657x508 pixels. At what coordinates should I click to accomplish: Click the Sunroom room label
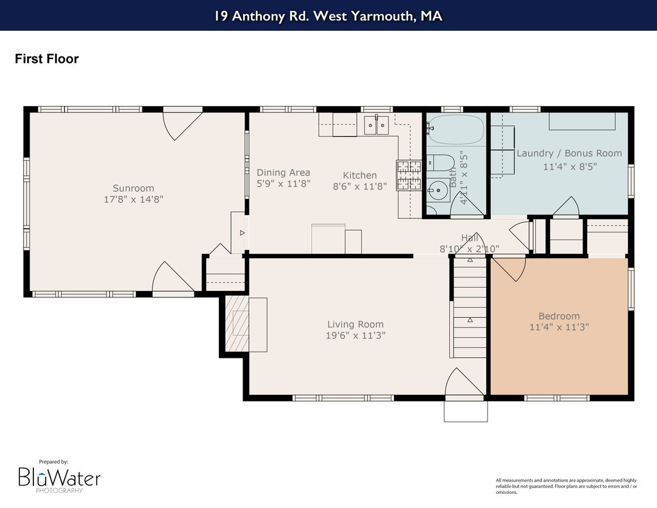click(133, 188)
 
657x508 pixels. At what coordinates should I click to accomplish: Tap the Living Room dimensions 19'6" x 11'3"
click(355, 336)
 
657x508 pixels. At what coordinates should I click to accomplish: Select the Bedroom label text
click(559, 316)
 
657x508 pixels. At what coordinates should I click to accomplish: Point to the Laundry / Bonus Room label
click(569, 153)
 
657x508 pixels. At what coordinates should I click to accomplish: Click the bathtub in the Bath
click(456, 130)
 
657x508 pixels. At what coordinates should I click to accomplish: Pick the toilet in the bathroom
click(440, 162)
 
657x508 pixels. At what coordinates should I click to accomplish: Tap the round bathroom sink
click(438, 191)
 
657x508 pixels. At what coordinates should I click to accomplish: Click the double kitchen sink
click(376, 125)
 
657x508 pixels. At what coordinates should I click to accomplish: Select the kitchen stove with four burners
click(409, 175)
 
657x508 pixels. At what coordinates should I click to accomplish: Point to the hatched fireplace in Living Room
click(237, 324)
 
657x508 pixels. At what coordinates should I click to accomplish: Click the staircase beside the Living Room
click(470, 307)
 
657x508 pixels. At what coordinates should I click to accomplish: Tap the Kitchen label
click(359, 175)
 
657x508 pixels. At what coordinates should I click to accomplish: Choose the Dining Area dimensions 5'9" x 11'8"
click(283, 184)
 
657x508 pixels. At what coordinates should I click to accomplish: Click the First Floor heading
click(46, 58)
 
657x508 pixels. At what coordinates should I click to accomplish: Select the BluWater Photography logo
click(59, 477)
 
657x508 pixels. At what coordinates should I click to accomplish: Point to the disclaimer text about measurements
click(567, 486)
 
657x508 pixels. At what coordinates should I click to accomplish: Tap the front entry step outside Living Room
click(466, 411)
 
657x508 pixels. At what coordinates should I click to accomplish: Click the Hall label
click(469, 238)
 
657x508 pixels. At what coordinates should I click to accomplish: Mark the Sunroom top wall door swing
click(183, 123)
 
